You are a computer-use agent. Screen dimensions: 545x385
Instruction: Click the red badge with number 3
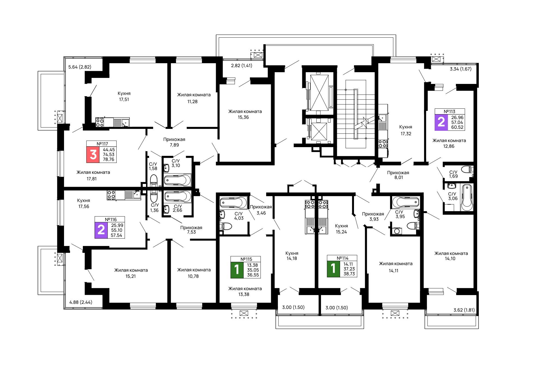pyautogui.click(x=93, y=154)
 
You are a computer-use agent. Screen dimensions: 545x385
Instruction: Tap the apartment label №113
pyautogui.click(x=450, y=111)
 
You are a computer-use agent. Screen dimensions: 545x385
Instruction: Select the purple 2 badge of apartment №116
pyautogui.click(x=101, y=230)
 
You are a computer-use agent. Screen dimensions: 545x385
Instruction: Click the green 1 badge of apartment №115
pyautogui.click(x=237, y=270)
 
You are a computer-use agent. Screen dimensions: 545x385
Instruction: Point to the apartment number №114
pyautogui.click(x=343, y=258)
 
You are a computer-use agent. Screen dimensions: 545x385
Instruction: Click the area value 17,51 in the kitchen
pyautogui.click(x=124, y=99)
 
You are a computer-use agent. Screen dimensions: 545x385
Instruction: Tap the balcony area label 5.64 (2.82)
pyautogui.click(x=80, y=67)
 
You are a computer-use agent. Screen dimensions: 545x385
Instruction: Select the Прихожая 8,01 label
pyautogui.click(x=398, y=175)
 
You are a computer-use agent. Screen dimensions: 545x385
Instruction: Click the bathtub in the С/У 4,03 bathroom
pyautogui.click(x=234, y=202)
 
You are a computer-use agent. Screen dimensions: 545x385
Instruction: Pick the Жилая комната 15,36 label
pyautogui.click(x=245, y=114)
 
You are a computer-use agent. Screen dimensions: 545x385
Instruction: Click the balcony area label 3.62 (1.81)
pyautogui.click(x=464, y=310)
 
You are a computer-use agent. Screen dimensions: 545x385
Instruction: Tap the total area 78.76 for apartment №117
pyautogui.click(x=108, y=159)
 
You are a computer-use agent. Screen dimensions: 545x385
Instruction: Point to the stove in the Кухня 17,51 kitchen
pyautogui.click(x=100, y=122)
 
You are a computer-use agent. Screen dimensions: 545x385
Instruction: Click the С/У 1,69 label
pyautogui.click(x=453, y=174)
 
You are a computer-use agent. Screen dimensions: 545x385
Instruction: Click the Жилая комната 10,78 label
pyautogui.click(x=194, y=273)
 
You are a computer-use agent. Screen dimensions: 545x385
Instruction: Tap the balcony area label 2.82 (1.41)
pyautogui.click(x=242, y=65)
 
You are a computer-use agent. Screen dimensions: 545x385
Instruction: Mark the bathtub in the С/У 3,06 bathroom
pyautogui.click(x=467, y=198)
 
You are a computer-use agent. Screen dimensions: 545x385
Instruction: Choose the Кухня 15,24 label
pyautogui.click(x=341, y=229)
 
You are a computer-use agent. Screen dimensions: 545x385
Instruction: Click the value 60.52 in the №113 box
pyautogui.click(x=457, y=127)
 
